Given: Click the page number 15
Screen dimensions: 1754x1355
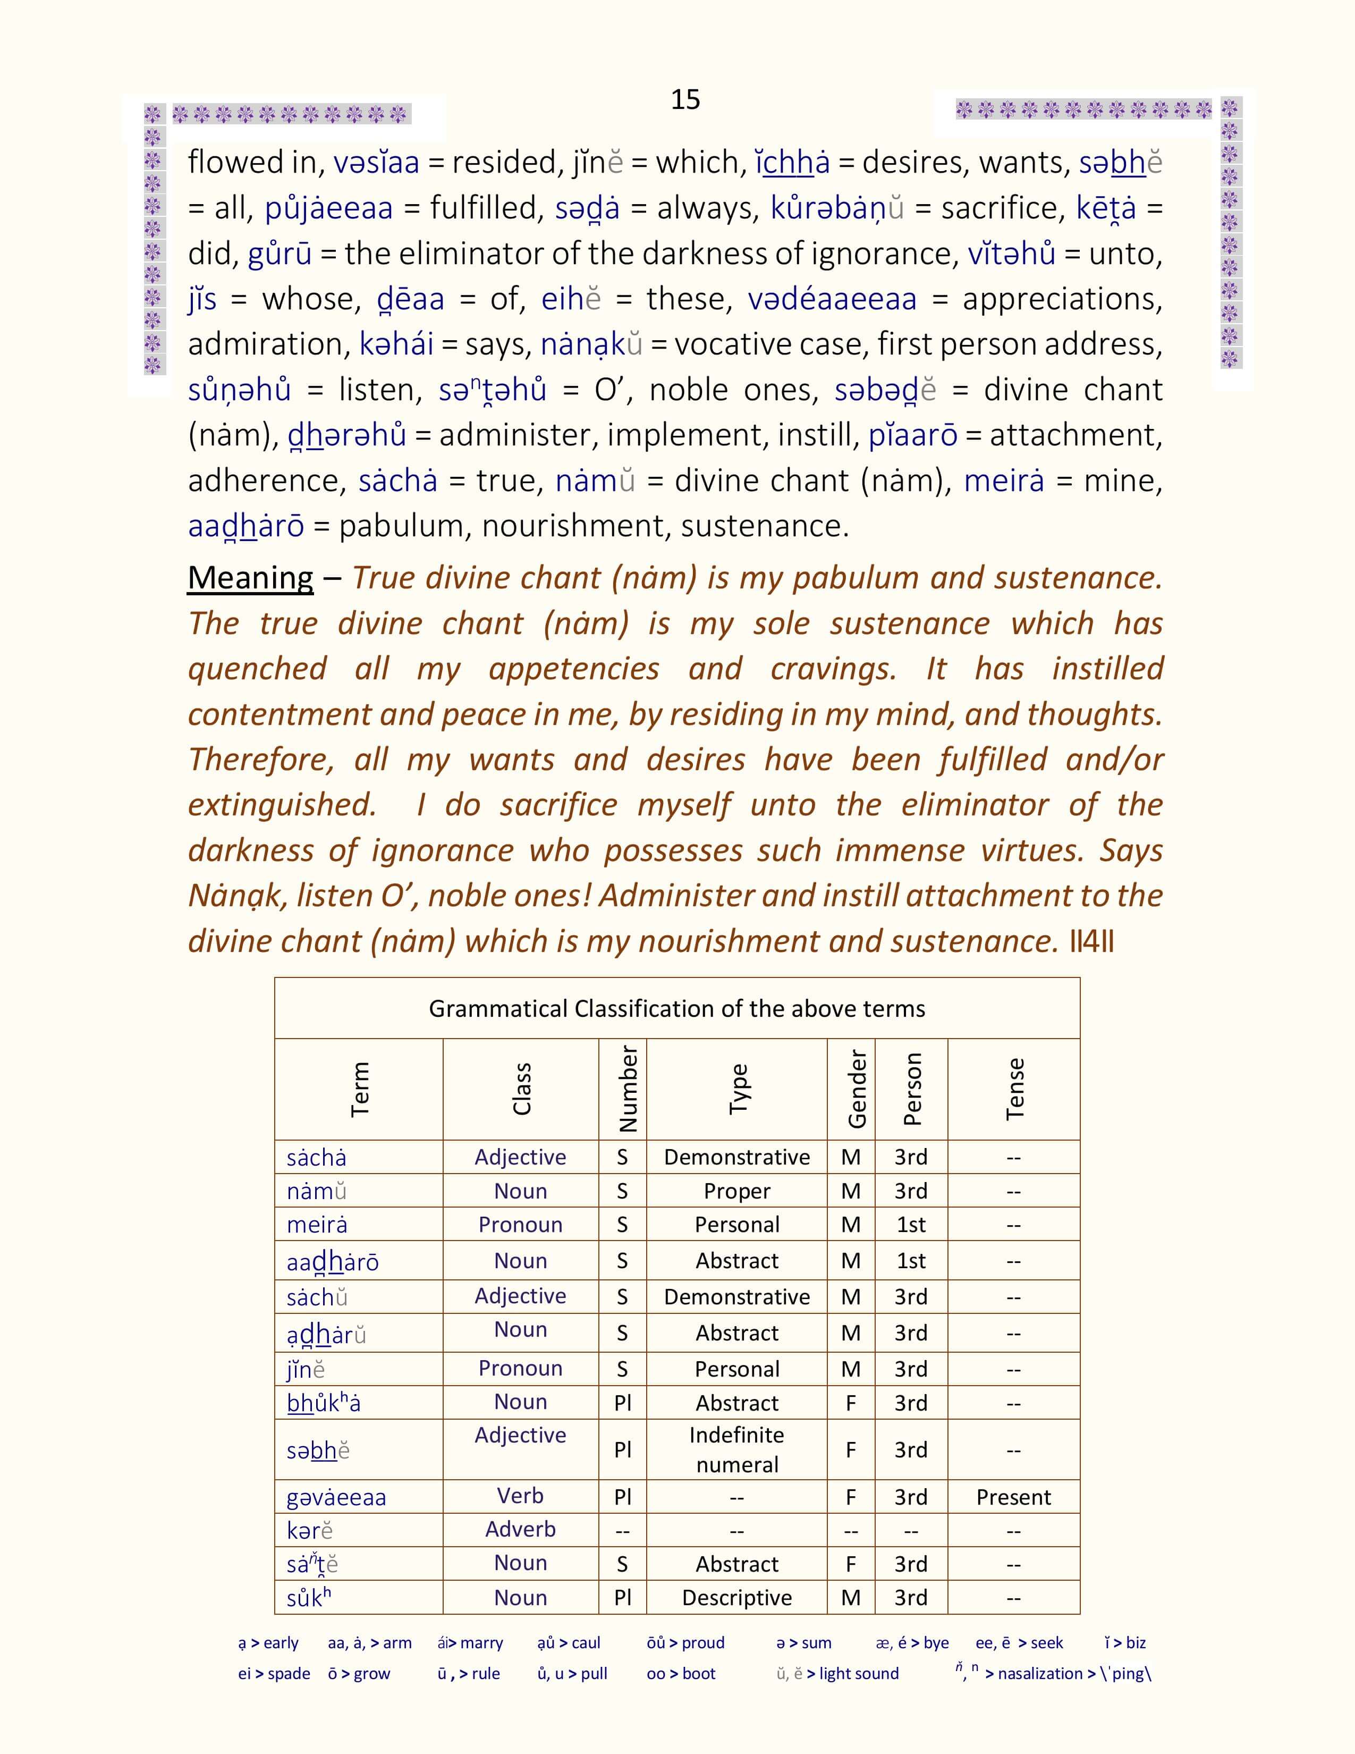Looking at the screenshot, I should coord(685,99).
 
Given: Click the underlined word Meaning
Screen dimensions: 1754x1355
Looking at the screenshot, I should coord(250,578).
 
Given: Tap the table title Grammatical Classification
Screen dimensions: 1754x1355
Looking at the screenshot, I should coord(676,1009).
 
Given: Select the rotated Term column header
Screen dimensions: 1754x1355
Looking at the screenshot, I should coord(360,1089).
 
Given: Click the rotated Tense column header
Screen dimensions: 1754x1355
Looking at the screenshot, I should coord(1014,1089).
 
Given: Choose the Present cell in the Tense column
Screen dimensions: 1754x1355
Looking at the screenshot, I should coord(1013,1497).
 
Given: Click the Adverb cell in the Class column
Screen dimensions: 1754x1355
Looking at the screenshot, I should coord(520,1529).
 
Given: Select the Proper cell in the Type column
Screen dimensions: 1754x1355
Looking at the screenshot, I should coord(737,1191).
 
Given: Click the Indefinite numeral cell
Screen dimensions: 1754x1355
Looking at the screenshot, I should coord(737,1449).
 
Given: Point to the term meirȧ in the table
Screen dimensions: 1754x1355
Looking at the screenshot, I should coord(317,1225).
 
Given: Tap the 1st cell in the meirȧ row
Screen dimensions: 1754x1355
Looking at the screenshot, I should coord(911,1225).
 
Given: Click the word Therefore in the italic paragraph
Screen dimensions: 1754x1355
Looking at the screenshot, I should coord(261,760).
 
